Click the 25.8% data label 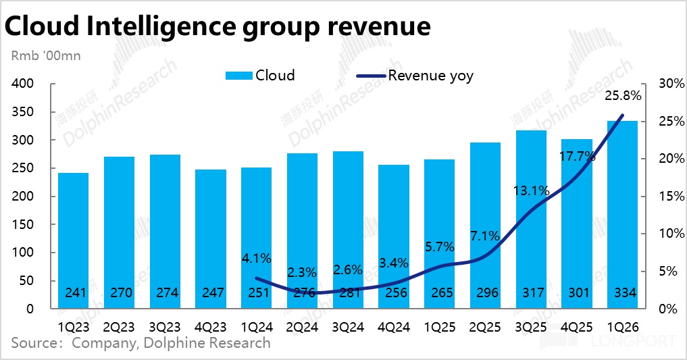[623, 96]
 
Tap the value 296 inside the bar [486, 293]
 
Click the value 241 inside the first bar [73, 293]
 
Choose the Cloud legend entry [260, 75]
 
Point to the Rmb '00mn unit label [46, 55]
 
